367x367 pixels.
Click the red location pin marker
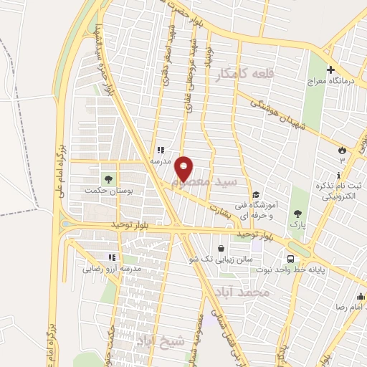point(184,168)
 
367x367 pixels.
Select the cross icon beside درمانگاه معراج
point(330,70)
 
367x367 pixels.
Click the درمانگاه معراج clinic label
point(330,82)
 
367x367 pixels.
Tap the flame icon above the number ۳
point(342,151)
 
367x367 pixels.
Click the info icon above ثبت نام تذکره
point(338,176)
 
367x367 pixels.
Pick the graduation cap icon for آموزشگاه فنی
point(256,194)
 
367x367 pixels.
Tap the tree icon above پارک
point(297,213)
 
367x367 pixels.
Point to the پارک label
point(297,225)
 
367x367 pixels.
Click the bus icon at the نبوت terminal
point(290,258)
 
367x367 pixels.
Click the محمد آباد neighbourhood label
point(244,292)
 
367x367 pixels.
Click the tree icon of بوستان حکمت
point(108,178)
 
